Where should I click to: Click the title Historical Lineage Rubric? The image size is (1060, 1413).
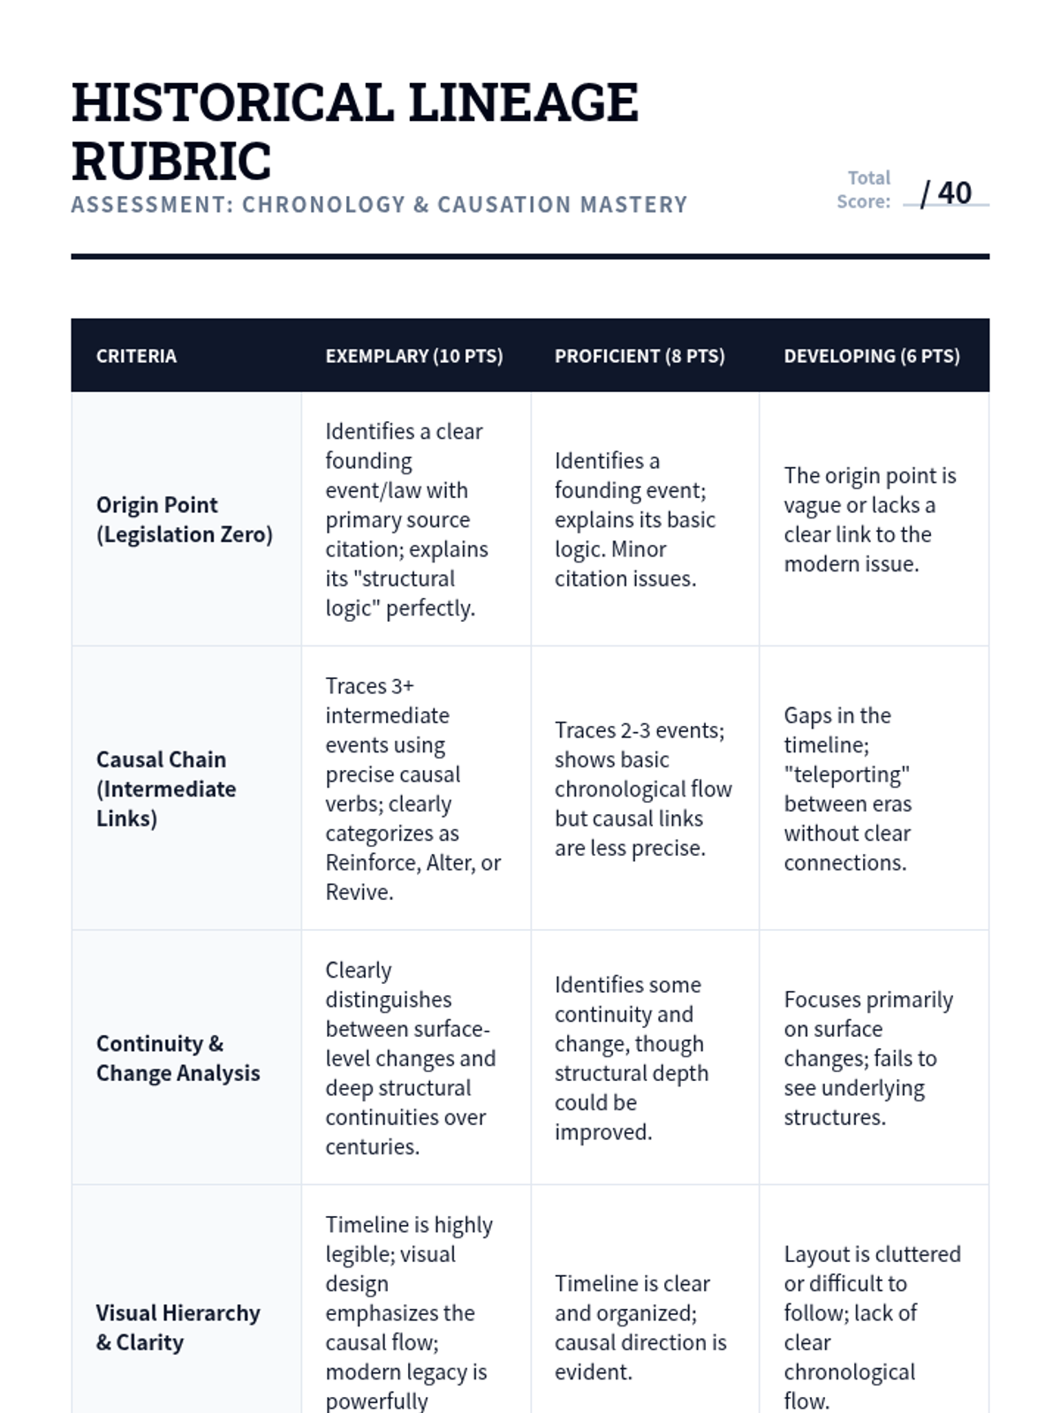point(354,131)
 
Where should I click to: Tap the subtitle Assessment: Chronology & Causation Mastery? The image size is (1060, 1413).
point(379,205)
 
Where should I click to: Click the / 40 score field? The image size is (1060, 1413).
point(946,193)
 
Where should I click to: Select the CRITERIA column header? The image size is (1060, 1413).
point(136,356)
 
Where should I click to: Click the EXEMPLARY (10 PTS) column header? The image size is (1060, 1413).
point(413,356)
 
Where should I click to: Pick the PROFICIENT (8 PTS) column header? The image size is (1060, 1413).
point(640,356)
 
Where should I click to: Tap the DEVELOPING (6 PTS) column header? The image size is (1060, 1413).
point(872,356)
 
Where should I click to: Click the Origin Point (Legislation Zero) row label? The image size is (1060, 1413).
point(185,519)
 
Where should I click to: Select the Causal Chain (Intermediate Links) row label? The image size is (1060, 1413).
point(166,789)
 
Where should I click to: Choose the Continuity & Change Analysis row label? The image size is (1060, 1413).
point(178,1058)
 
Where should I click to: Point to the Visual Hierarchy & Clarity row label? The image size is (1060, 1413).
point(178,1327)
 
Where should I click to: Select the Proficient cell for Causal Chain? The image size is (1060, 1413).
point(642,789)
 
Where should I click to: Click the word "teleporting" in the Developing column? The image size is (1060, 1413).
point(846,775)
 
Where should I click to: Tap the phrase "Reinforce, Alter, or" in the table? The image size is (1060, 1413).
point(413,863)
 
